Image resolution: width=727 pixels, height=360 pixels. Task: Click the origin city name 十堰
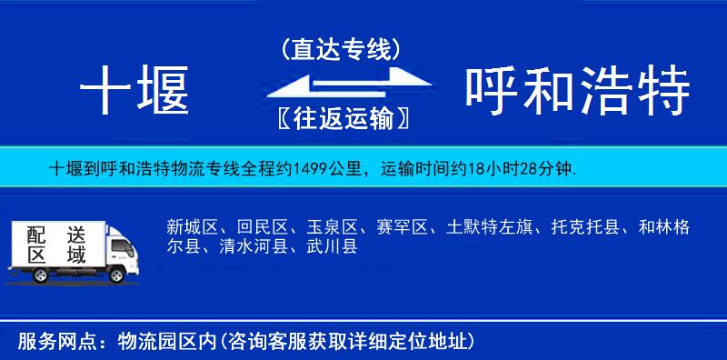coord(134,92)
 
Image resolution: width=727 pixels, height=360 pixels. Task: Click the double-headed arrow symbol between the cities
coord(341,85)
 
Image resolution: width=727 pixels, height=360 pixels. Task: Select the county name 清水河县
coord(249,245)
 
